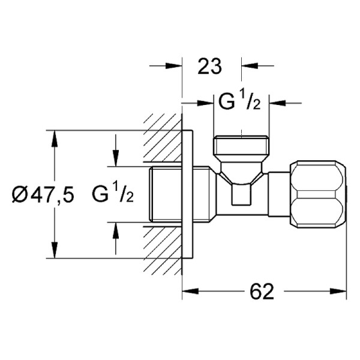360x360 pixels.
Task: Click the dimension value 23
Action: [209, 67]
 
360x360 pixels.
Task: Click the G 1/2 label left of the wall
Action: [113, 194]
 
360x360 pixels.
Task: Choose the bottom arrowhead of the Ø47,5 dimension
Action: [55, 253]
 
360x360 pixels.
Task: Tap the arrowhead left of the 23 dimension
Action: [176, 67]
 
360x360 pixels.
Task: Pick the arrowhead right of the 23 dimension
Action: [246, 67]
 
